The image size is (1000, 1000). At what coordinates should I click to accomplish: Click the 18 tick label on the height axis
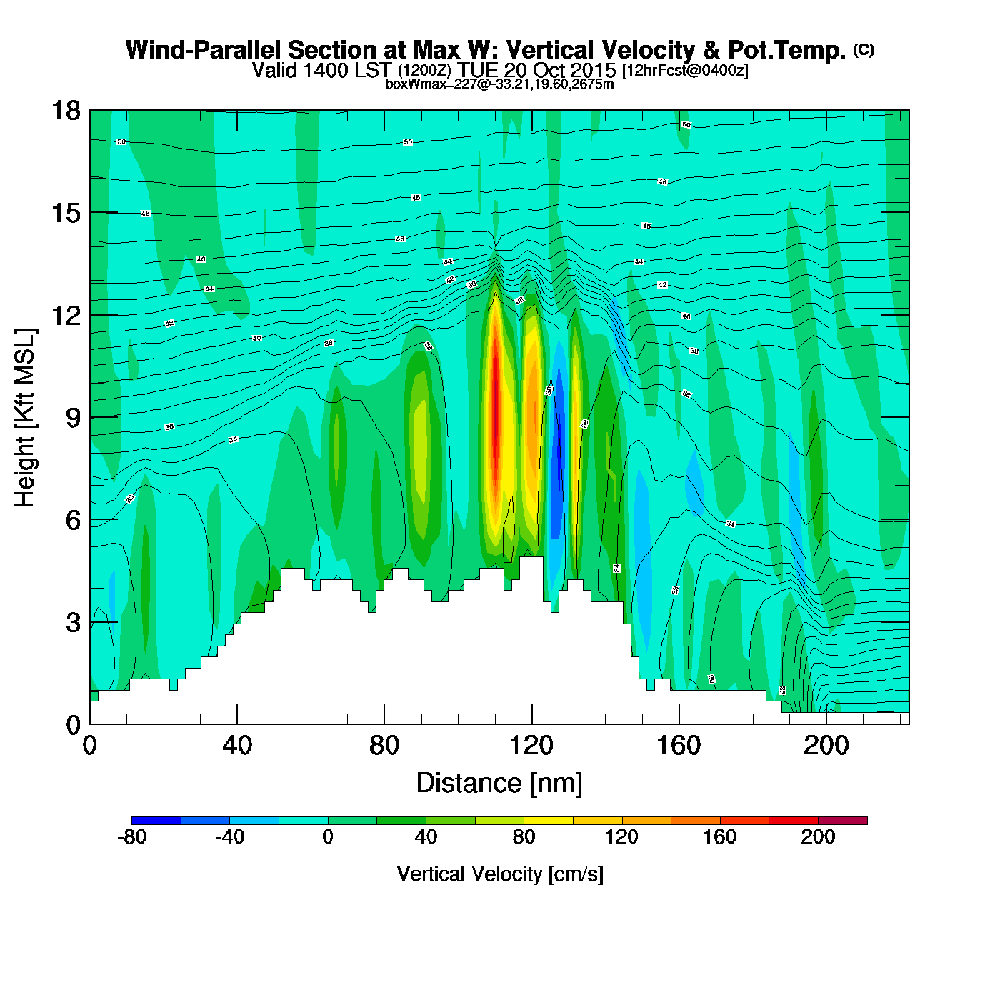pos(65,111)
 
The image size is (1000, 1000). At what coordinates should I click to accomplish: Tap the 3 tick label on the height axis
pos(73,623)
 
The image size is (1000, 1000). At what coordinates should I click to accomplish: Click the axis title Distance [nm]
pos(499,784)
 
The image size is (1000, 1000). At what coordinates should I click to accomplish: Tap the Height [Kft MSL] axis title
pos(25,418)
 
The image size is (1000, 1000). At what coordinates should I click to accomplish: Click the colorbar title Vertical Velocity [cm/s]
pos(500,874)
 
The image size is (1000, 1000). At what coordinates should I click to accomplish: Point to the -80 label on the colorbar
pos(131,837)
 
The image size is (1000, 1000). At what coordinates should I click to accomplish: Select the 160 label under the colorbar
pos(719,837)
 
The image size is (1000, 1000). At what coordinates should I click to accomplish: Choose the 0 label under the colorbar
pos(328,837)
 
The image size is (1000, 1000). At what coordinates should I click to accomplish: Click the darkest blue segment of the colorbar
pos(156,821)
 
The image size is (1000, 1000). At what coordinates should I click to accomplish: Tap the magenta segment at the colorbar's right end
pos(842,821)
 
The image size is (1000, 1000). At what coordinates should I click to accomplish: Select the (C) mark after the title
pos(863,49)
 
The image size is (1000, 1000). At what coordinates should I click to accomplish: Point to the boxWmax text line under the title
pos(499,84)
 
